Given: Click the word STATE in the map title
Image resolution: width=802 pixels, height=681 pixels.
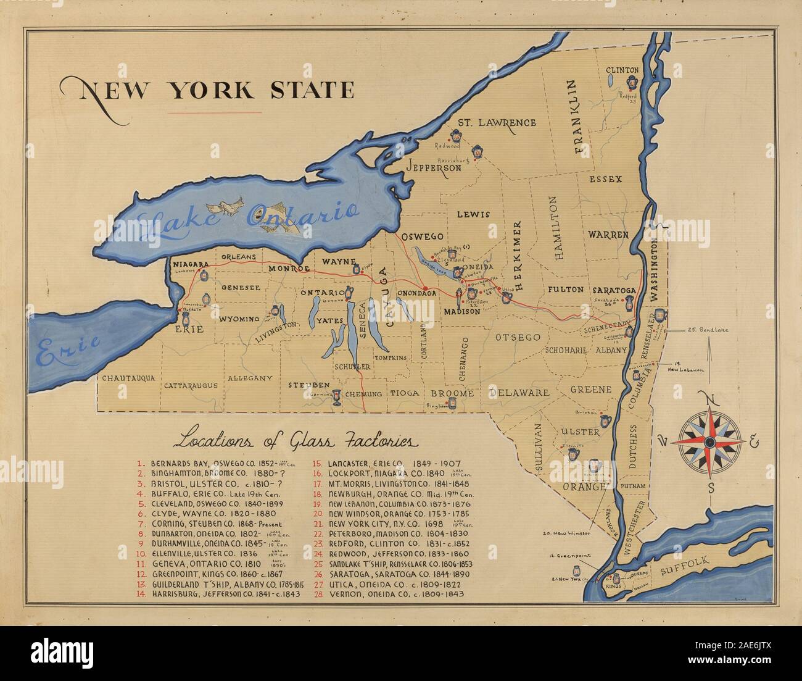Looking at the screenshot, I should point(313,90).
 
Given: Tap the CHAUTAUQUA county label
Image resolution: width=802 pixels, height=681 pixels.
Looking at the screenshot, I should point(128,378).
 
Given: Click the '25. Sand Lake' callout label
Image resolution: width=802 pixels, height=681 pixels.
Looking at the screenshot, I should point(707,330).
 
